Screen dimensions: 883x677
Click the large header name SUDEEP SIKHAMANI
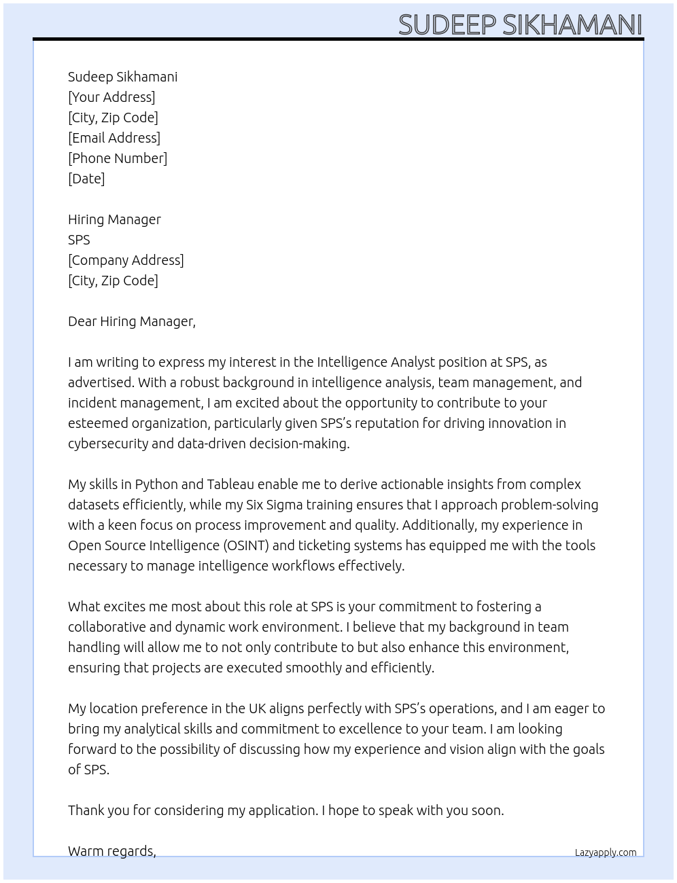[x=520, y=24]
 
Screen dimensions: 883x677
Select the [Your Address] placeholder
[x=111, y=97]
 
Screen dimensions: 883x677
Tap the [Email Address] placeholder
[x=114, y=138]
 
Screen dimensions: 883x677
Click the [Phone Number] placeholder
[x=118, y=158]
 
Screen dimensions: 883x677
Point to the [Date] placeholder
[x=86, y=179]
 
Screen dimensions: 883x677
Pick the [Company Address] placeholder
[x=126, y=260]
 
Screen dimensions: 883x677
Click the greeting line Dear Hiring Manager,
[x=132, y=321]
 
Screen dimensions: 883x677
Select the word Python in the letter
[x=156, y=484]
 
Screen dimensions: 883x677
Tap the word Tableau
[x=230, y=484]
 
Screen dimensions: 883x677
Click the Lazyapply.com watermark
[x=606, y=852]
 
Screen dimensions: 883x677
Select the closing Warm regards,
[x=112, y=851]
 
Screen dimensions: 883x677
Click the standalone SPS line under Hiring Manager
[x=79, y=240]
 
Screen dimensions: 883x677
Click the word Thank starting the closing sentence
[x=87, y=810]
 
